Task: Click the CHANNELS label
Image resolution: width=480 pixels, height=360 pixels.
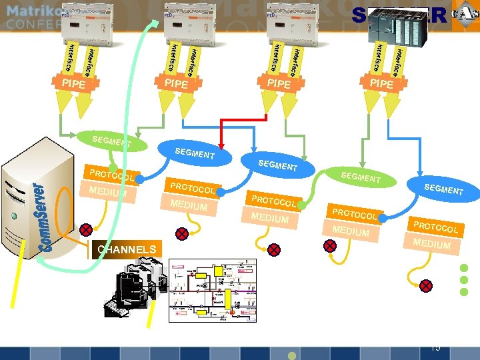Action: (x=127, y=249)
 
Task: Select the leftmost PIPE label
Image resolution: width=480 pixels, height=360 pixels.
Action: (x=73, y=84)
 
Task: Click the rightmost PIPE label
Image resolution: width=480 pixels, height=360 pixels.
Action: (x=381, y=84)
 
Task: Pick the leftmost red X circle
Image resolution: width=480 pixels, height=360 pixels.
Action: (x=86, y=230)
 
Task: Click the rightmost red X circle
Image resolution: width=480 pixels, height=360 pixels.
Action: (x=427, y=285)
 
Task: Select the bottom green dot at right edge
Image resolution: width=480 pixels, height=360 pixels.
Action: (x=466, y=292)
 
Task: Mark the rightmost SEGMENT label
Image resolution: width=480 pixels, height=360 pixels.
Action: (x=443, y=189)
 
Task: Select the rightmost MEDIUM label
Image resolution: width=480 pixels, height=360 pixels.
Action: (x=431, y=243)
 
